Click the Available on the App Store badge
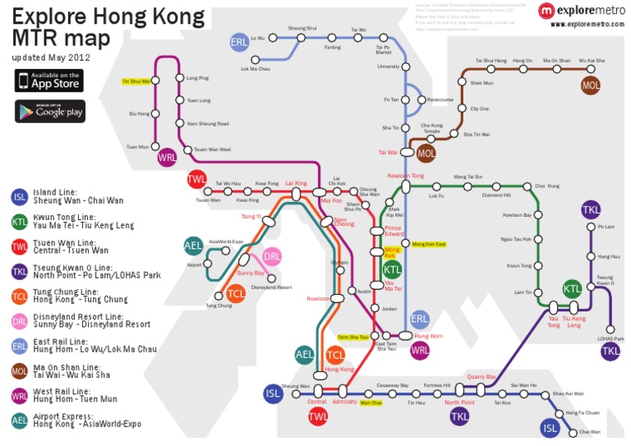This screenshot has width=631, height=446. point(49,80)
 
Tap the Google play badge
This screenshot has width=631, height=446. point(49,111)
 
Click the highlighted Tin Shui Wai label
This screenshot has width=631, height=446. point(136,81)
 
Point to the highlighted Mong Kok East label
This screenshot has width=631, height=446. point(429,245)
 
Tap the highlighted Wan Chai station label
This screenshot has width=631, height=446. point(371,403)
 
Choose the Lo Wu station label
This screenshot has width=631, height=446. point(257,38)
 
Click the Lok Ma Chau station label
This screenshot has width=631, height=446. point(255,69)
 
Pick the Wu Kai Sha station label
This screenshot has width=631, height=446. point(591,61)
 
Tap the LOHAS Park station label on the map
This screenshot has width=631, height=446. point(610,338)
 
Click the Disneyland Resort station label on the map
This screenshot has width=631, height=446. point(271,287)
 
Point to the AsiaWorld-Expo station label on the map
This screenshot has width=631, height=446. point(226,241)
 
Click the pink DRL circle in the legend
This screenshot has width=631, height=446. point(20,320)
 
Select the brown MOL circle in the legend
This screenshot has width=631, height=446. point(20,370)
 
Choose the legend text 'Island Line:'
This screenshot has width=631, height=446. point(58,193)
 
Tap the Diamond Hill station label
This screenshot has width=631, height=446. point(495,195)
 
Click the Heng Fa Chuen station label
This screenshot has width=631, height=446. point(583,412)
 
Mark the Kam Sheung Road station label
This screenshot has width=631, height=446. point(207,123)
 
